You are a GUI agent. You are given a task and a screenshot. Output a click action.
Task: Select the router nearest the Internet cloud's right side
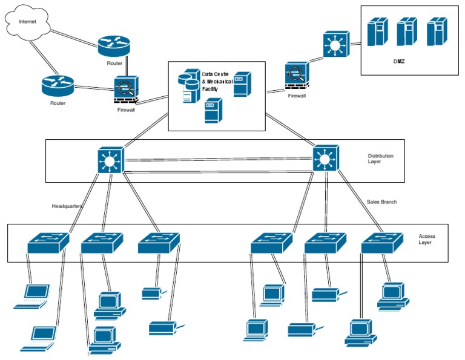point(114,44)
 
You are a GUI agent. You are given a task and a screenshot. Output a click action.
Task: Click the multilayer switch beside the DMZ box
point(334,45)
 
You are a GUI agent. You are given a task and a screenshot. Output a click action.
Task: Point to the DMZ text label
point(398,61)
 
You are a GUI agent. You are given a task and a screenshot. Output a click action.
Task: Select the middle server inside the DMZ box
point(406,31)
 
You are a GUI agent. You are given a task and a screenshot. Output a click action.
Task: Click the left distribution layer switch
point(110,160)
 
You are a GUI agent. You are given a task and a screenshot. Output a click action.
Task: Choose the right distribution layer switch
point(325,160)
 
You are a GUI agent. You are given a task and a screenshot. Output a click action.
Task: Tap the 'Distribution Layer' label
point(380,159)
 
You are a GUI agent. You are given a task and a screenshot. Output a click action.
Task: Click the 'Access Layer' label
point(426,240)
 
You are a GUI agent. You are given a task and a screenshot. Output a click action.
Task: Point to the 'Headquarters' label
point(67,206)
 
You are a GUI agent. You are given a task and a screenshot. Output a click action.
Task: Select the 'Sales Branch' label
point(381,201)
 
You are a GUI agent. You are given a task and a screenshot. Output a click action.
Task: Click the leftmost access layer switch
point(49,243)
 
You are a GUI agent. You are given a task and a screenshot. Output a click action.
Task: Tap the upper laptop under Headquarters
point(33,296)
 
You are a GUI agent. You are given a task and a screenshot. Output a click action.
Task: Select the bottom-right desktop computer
point(361,333)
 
